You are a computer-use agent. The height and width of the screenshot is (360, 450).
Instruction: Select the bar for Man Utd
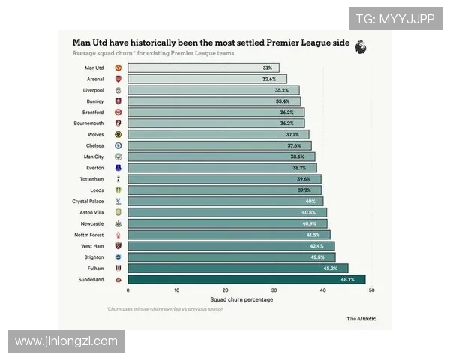pyautogui.click(x=202, y=67)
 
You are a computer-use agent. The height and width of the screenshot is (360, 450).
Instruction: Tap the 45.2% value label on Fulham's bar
pyautogui.click(x=329, y=268)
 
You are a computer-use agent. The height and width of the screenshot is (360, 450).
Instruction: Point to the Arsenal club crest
pyautogui.click(x=118, y=79)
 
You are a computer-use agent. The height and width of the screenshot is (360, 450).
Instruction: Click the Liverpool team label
pyautogui.click(x=93, y=90)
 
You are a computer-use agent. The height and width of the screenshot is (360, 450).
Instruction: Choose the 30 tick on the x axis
pyautogui.click(x=274, y=289)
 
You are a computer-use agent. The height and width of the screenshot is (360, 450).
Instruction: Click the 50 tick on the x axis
pyautogui.click(x=371, y=289)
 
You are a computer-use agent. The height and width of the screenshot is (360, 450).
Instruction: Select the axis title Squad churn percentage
pyautogui.click(x=241, y=299)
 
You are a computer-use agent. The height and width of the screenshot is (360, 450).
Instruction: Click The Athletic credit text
pyautogui.click(x=361, y=318)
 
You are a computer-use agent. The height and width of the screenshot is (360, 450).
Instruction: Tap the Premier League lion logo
pyautogui.click(x=361, y=47)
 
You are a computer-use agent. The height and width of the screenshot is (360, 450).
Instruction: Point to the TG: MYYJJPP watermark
pyautogui.click(x=394, y=18)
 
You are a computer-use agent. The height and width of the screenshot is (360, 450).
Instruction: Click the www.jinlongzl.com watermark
pyautogui.click(x=66, y=341)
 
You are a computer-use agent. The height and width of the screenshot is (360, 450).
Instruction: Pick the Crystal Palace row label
pyautogui.click(x=88, y=202)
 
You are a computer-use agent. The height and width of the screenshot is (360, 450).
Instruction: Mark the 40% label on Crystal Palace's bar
pyautogui.click(x=310, y=202)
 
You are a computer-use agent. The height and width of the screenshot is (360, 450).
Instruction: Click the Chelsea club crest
pyautogui.click(x=118, y=145)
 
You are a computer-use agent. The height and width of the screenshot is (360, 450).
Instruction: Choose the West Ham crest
pyautogui.click(x=118, y=245)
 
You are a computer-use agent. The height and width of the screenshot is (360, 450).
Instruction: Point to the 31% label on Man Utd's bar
pyautogui.click(x=268, y=67)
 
